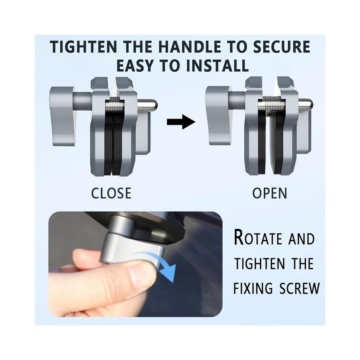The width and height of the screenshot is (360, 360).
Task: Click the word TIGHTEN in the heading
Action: pos(84,47)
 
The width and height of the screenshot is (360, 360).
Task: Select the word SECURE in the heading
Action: pos(281,47)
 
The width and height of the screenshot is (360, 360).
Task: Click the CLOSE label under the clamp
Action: pos(111,193)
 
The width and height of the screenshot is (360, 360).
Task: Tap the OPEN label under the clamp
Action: pos(270,193)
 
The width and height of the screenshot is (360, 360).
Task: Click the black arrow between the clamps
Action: pos(181,121)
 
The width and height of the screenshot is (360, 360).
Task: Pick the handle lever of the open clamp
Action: pos(218,115)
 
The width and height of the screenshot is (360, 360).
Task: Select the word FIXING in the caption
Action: pos(253,288)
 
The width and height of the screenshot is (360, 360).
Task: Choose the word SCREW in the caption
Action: pos(299,288)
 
